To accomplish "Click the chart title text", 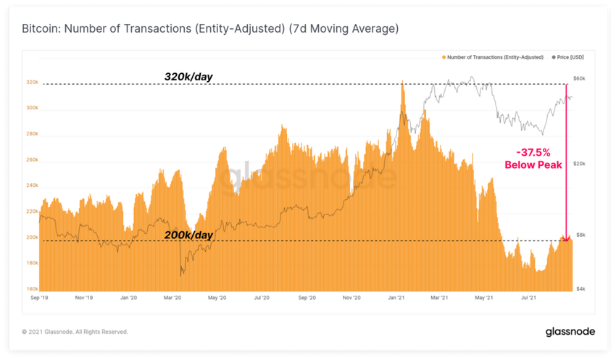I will coord(210,30).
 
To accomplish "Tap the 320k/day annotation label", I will coord(188,76).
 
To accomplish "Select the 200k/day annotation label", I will coord(188,235).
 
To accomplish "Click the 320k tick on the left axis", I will coord(32,83).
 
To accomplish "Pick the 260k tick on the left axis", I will coord(32,160).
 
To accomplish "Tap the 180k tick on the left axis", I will coord(32,263).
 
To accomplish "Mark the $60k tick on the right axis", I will coord(579,78).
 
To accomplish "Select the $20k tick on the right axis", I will coord(579,164).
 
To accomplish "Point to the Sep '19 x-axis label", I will coord(39,298).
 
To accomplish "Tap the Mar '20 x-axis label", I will coord(172,298).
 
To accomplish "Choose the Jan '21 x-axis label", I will coord(396,298).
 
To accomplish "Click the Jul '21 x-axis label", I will coord(530,298).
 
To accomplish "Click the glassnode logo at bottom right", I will coord(570,332).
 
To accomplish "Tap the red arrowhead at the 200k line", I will coord(565,237).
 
